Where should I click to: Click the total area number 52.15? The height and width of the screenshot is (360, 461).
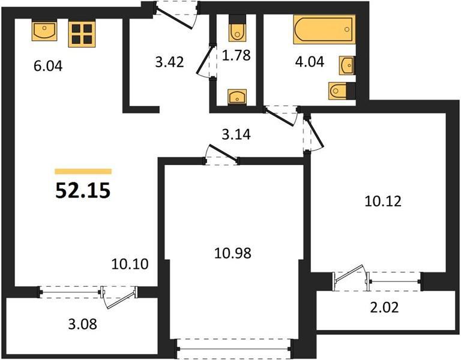83,190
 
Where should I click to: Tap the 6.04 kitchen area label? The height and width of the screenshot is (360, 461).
48,66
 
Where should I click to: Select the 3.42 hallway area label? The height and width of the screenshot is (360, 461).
170,62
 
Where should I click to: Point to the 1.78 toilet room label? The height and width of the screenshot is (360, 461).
237,55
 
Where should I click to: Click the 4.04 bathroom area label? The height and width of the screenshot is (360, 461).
310,62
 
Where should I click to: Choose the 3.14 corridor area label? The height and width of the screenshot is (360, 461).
237,134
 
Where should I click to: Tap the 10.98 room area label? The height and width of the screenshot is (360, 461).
233,253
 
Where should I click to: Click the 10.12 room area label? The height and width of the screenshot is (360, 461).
383,202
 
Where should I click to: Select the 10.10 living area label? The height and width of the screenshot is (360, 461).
130,264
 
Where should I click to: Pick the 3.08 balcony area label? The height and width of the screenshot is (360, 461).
83,325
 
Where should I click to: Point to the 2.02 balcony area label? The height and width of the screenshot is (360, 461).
384,307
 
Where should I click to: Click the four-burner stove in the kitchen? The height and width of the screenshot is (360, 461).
82,34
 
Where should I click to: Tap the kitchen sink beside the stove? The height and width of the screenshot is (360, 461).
44,31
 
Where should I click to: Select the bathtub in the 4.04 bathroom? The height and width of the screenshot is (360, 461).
324,29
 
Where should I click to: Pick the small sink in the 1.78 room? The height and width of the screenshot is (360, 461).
237,97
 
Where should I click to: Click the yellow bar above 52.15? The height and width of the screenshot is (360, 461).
83,172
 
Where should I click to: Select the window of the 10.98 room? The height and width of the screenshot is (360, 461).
235,349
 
